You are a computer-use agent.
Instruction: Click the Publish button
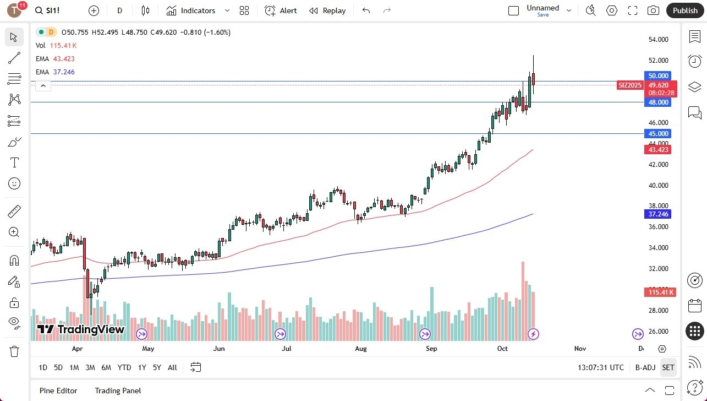tap(684, 10)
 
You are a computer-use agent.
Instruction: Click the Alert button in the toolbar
tap(281, 10)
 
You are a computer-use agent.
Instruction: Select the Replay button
tap(327, 10)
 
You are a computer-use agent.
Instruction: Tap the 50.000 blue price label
tap(657, 76)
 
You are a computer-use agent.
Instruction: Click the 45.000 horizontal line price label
tap(657, 134)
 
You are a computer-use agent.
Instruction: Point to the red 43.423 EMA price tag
tap(657, 150)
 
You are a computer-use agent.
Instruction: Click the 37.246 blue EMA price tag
tap(657, 214)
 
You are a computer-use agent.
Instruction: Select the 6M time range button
tap(106, 367)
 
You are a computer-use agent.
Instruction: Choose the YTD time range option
tap(124, 367)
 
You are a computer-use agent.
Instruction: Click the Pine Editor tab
tap(58, 391)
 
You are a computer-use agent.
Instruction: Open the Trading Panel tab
tap(118, 391)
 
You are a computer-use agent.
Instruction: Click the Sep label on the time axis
tap(431, 349)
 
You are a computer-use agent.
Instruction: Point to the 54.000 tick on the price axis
tap(658, 40)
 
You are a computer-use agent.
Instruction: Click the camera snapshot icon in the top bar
tap(653, 10)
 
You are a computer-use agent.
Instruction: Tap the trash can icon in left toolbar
tap(14, 351)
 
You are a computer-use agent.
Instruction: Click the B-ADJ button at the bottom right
tap(645, 367)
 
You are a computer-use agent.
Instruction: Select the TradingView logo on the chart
tap(81, 330)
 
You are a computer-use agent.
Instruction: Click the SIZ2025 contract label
tap(630, 85)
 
